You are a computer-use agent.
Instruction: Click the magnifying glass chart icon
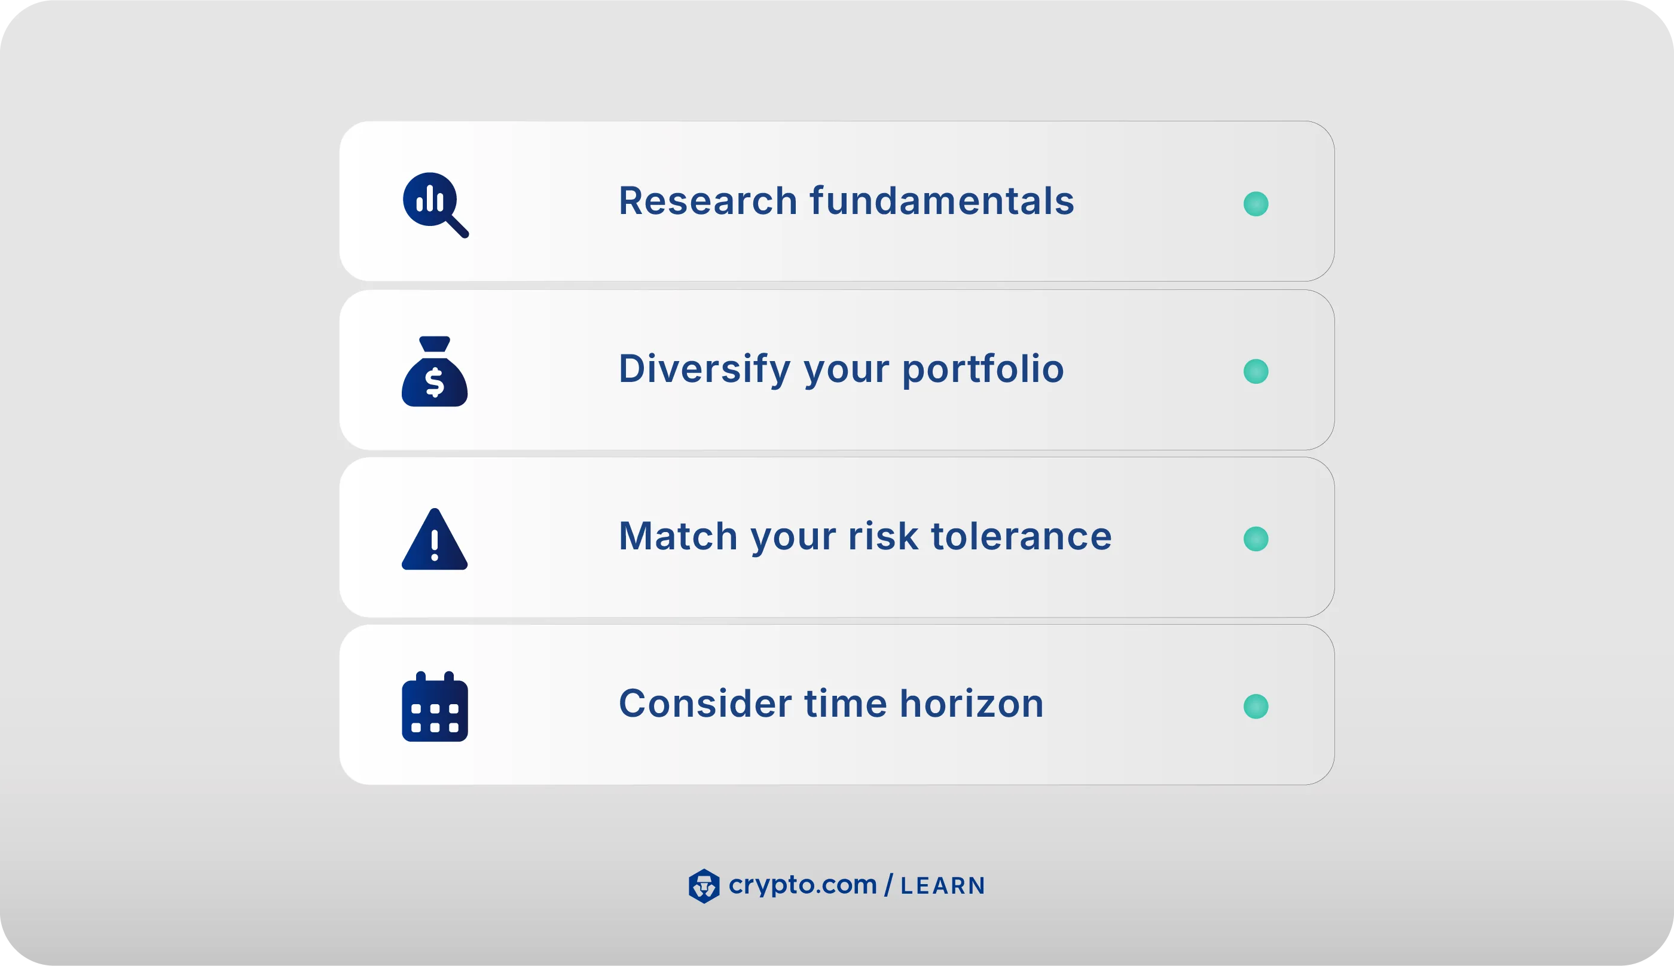[x=435, y=204]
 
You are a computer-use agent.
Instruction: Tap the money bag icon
[x=435, y=372]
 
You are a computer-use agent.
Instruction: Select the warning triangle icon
[x=435, y=540]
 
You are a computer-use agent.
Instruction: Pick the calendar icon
[x=435, y=707]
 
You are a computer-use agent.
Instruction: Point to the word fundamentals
[x=942, y=200]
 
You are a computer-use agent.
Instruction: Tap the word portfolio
[x=983, y=369]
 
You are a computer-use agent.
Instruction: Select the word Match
[x=678, y=536]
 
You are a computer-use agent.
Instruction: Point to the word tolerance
[x=1021, y=536]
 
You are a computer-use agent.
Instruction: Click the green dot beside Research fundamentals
[x=1255, y=204]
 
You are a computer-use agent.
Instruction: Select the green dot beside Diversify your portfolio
[x=1255, y=372]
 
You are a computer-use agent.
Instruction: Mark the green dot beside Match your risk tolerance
[x=1255, y=539]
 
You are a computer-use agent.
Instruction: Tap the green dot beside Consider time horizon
[x=1255, y=707]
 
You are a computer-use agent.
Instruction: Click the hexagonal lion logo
[x=704, y=886]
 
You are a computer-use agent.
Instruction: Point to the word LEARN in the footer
[x=942, y=886]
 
